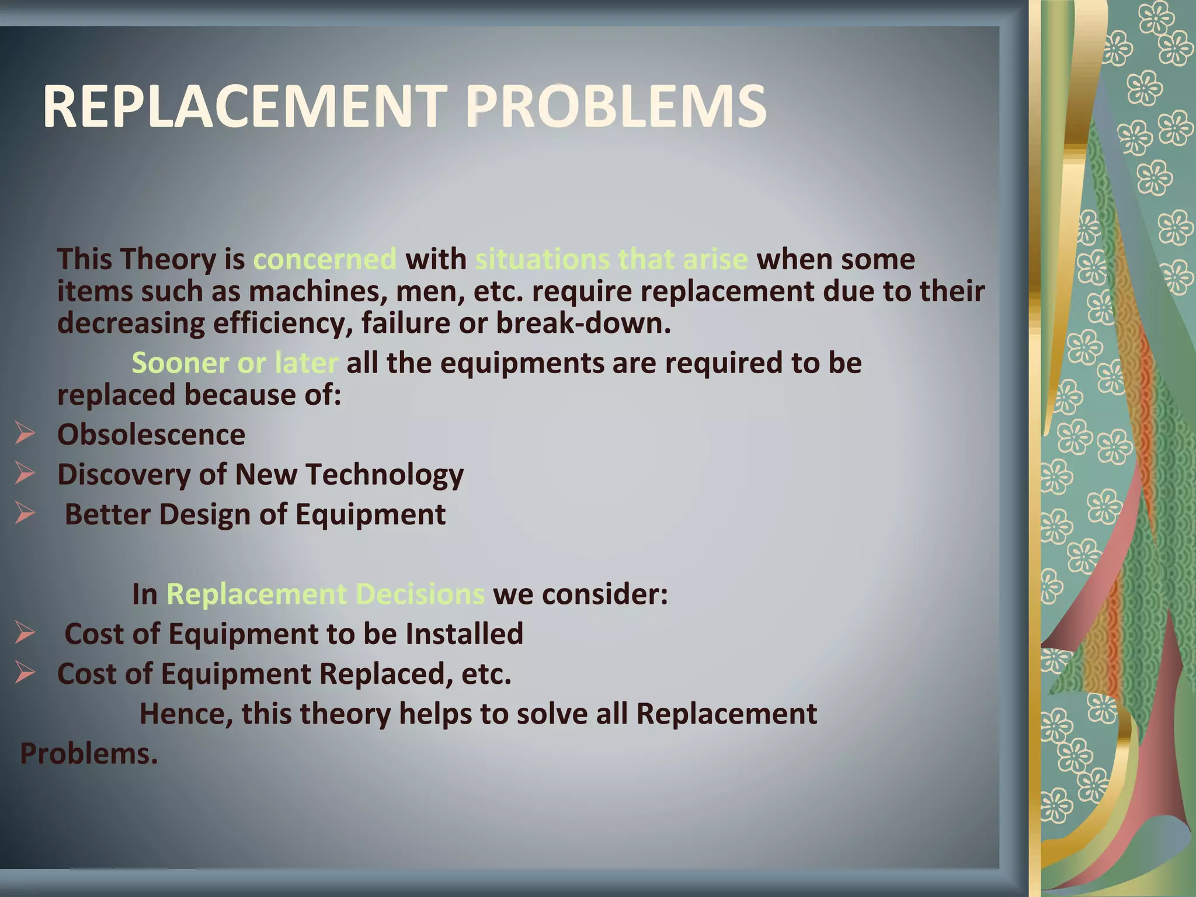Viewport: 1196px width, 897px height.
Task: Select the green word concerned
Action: click(x=325, y=259)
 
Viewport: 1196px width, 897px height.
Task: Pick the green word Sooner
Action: click(x=180, y=363)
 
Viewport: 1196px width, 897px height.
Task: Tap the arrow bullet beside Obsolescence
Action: click(x=26, y=434)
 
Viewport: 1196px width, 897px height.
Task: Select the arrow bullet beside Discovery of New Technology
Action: click(x=26, y=474)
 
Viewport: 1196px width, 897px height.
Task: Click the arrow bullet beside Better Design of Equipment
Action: click(x=26, y=514)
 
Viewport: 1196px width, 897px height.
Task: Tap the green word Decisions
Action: click(x=419, y=594)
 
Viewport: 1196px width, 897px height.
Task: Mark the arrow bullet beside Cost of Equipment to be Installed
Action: click(x=26, y=634)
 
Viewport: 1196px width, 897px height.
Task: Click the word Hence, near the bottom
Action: click(x=186, y=714)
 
